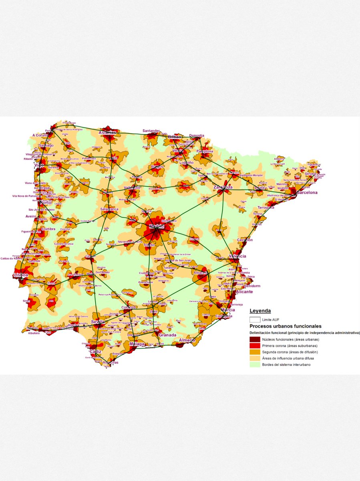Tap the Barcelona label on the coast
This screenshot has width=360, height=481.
(x=307, y=192)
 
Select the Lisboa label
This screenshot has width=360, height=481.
(x=21, y=275)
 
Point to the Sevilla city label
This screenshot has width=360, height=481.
(x=98, y=321)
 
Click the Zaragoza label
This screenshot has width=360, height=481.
(x=223, y=187)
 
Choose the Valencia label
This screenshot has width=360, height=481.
(x=237, y=256)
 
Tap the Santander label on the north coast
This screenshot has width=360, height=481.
(x=151, y=131)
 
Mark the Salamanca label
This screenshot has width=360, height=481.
(x=109, y=209)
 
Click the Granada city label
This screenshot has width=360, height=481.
(x=167, y=335)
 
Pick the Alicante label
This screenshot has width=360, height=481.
(x=244, y=292)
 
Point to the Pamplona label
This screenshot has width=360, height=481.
(x=205, y=152)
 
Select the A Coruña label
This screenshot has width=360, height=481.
(x=40, y=135)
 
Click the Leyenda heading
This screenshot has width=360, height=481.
(x=260, y=311)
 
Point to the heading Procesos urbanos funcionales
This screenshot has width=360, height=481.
(x=286, y=326)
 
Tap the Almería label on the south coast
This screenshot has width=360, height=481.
(x=187, y=340)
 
